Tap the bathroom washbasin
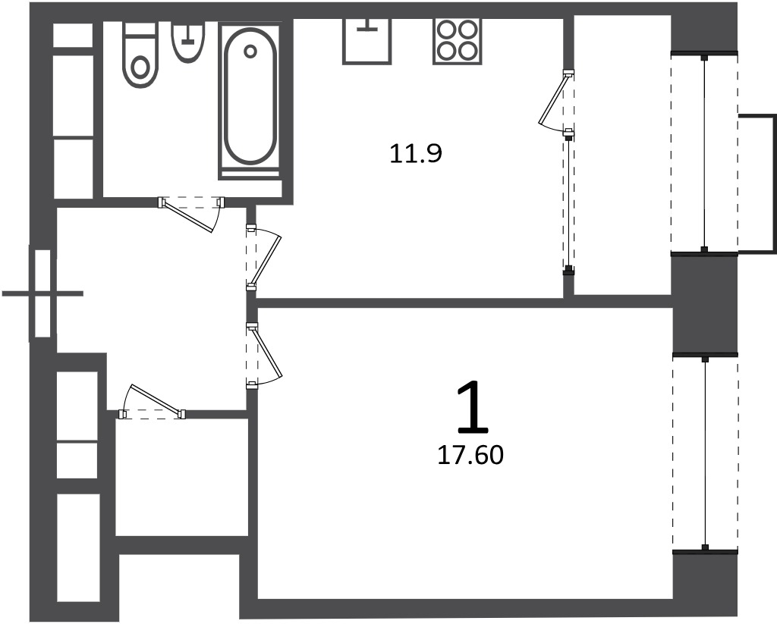pos(188,42)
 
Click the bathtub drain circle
pos(250,51)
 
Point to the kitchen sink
pos(366,42)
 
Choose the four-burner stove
pos(458,42)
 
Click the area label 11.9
pos(415,153)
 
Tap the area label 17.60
pos(470,455)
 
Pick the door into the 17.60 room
pos(263,355)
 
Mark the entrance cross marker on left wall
pos(42,293)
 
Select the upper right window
pos(704,153)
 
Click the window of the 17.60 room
pos(705,453)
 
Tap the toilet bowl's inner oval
pos(141,67)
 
